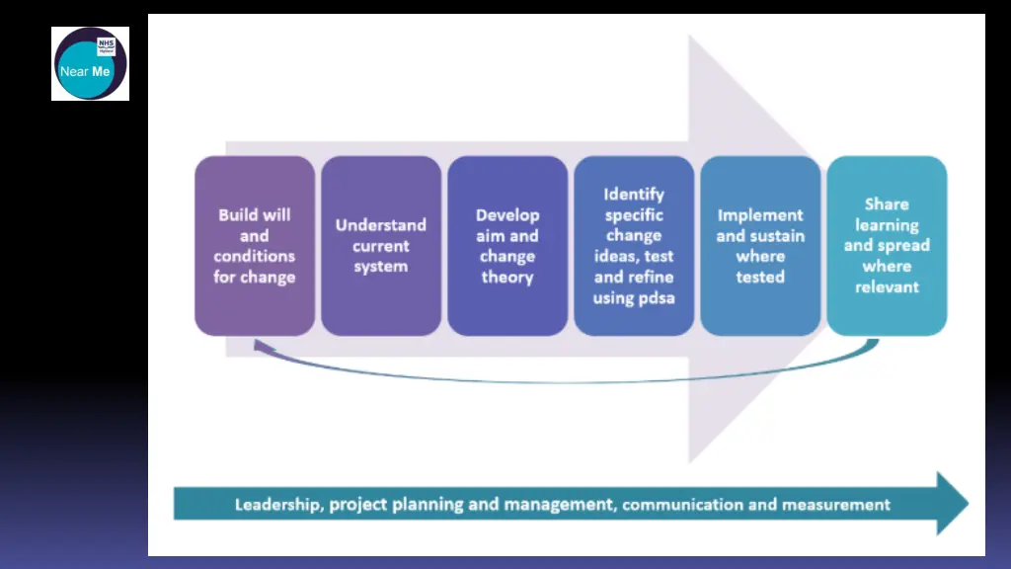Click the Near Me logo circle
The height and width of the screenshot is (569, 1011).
89,64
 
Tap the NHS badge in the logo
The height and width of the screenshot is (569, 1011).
106,46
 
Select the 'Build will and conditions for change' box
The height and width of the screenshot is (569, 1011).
255,246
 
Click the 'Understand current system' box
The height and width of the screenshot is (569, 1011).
381,246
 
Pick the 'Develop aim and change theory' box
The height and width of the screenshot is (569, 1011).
507,246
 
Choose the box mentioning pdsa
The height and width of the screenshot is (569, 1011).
634,246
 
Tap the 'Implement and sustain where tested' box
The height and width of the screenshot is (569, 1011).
760,246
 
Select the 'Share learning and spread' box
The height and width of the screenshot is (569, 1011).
887,246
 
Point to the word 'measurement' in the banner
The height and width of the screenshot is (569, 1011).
836,505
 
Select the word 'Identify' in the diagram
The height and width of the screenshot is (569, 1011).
634,195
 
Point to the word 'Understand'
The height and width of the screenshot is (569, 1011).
381,225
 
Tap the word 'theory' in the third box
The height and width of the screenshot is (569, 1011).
507,278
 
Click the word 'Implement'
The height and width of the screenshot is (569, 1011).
760,215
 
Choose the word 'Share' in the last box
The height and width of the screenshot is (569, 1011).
887,204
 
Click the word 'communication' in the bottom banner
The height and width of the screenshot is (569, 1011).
682,505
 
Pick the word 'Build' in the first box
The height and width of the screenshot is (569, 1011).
238,215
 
